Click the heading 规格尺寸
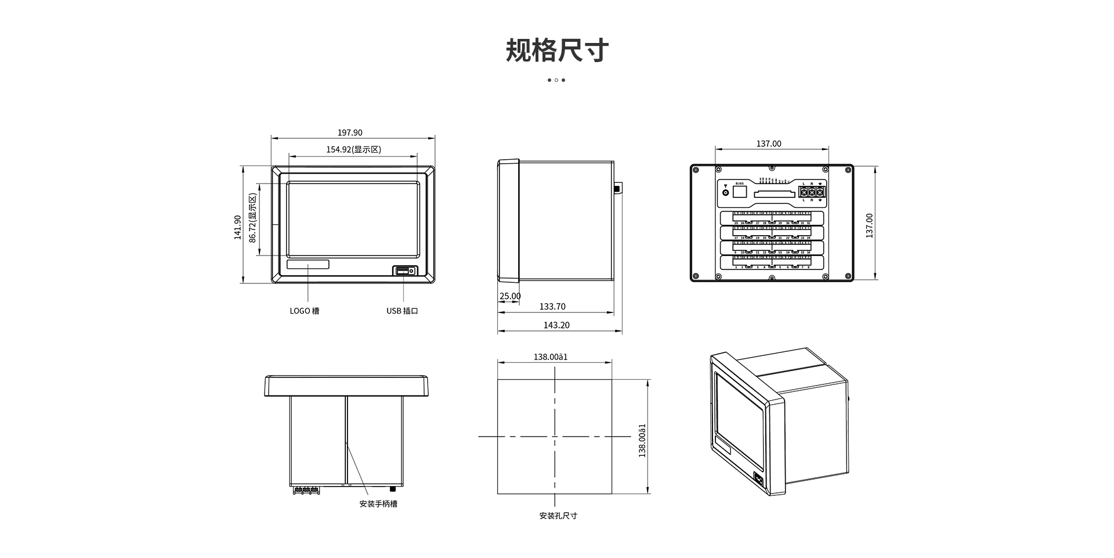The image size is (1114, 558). tap(556, 51)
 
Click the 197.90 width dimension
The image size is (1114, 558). tap(350, 133)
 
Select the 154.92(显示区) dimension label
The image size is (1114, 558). tap(353, 150)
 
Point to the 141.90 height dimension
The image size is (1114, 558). tap(237, 227)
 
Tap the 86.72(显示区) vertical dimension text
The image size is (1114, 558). tap(252, 218)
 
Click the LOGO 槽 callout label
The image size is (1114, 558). tap(305, 311)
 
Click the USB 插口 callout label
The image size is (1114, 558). tap(402, 311)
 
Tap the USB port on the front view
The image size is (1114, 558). tap(405, 271)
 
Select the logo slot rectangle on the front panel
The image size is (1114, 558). tap(308, 265)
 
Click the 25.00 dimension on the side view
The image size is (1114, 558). tap(510, 296)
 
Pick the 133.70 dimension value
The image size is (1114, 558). tap(552, 307)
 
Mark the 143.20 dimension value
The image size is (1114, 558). tap(556, 325)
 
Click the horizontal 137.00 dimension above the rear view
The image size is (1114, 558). tap(769, 144)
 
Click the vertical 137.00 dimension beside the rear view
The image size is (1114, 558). tap(869, 225)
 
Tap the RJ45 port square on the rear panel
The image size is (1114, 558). tap(740, 192)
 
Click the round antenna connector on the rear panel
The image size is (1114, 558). tap(725, 192)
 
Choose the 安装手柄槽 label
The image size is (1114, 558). tap(378, 504)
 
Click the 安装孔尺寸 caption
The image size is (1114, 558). tap(558, 516)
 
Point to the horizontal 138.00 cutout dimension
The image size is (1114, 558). tap(551, 357)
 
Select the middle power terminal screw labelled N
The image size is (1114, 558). tap(812, 192)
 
